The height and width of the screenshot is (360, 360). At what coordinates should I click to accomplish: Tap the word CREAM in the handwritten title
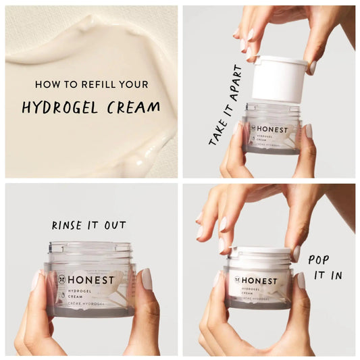click(x=138, y=106)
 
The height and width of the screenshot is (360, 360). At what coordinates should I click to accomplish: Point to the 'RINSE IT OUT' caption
click(x=89, y=225)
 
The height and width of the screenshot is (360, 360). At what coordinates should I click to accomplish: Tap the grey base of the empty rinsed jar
click(x=90, y=311)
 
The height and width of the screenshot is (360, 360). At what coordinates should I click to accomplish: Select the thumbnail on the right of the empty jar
click(x=146, y=278)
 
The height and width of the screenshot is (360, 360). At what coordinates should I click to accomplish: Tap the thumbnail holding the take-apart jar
click(x=308, y=131)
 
